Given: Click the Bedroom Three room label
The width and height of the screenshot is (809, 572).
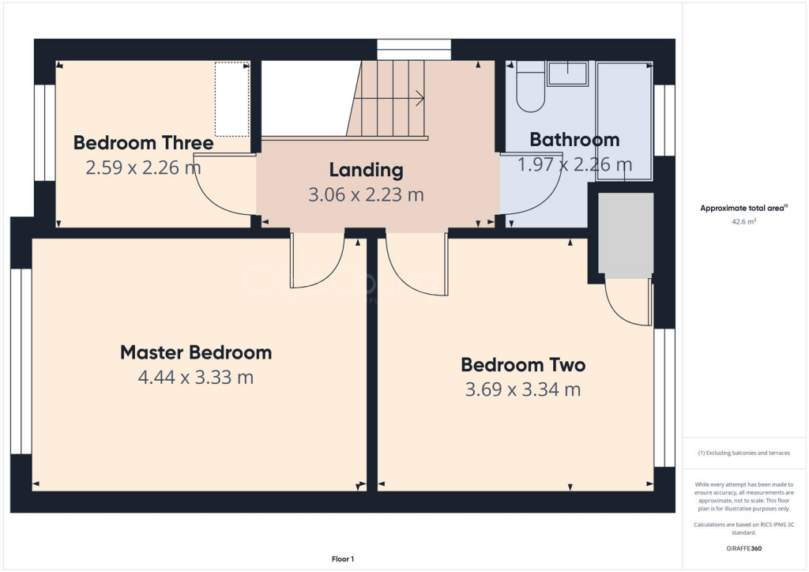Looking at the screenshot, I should point(143,143).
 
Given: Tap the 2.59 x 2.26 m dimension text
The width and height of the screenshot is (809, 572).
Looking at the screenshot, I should point(143,167).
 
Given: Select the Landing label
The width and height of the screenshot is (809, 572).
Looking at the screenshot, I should point(366,170).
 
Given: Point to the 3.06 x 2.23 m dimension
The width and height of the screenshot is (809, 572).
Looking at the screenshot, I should point(366,194).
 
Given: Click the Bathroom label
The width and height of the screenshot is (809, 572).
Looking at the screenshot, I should point(574,140).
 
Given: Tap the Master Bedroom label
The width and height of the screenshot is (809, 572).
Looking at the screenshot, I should point(196,352).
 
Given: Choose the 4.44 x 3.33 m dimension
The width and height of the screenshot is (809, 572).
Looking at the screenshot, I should point(196,378).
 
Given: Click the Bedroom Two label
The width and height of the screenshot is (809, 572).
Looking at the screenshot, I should point(523,365).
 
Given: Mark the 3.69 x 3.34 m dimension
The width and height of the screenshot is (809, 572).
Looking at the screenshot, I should point(523,389).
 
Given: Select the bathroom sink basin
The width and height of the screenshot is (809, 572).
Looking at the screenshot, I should point(567,74).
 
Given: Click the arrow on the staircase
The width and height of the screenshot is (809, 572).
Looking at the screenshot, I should point(418,99).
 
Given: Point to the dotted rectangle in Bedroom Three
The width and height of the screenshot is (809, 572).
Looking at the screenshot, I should point(232,100).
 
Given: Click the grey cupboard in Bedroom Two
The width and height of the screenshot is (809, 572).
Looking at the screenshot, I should point(626,235).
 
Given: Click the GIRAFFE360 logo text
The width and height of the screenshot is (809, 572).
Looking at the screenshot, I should point(743,548).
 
